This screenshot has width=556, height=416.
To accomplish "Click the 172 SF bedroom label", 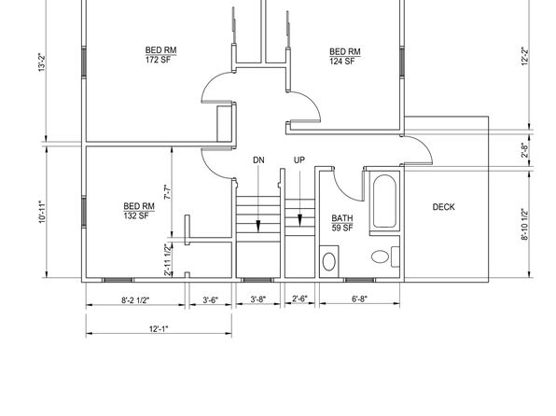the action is [161, 55].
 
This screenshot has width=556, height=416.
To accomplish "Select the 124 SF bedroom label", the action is [345, 56].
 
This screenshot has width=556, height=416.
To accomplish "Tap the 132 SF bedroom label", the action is [139, 211].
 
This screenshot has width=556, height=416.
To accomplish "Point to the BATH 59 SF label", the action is [342, 223].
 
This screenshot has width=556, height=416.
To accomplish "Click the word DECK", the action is [443, 207].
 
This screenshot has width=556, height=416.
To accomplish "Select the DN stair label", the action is [258, 160].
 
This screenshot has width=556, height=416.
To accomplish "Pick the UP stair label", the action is [299, 159].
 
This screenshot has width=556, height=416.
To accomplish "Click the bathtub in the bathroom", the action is [384, 201].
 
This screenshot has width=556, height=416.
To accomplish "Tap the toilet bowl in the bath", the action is [380, 257].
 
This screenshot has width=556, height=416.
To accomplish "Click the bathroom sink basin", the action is [328, 262].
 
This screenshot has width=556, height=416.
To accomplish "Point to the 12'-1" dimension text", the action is [159, 329].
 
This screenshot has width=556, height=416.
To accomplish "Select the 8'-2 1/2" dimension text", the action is [135, 300].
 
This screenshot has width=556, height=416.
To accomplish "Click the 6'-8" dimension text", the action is [359, 299].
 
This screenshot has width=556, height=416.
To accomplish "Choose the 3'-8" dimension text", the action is [258, 299].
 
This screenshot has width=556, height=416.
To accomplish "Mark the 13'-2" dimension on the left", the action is [42, 62].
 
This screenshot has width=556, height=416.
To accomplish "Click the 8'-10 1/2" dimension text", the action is [525, 225].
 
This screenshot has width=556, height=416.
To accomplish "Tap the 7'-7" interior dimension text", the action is [168, 192].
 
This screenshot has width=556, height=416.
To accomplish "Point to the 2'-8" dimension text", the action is [525, 150].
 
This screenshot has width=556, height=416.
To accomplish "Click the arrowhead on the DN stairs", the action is [258, 227].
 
